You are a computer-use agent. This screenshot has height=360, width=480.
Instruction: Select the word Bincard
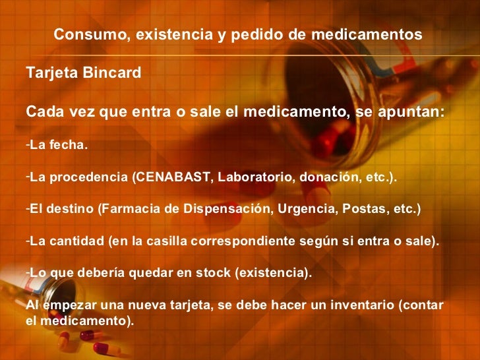pos(113,73)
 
